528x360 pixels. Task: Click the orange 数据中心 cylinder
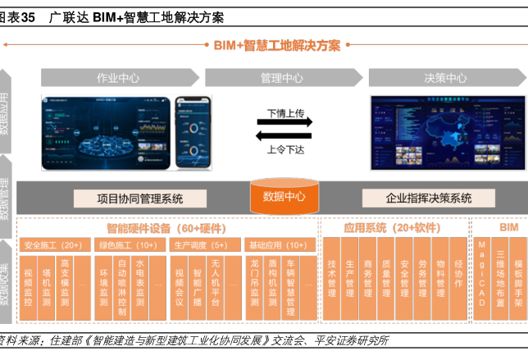click(284, 197)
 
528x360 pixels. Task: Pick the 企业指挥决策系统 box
click(429, 198)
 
